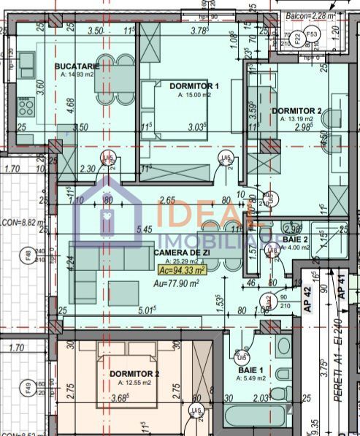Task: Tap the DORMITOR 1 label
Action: pos(194,86)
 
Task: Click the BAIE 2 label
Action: pos(296,239)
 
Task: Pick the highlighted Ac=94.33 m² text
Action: pos(182,269)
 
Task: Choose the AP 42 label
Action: pos(308,299)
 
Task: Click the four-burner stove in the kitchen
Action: pos(28,108)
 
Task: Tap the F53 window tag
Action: pos(312,34)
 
